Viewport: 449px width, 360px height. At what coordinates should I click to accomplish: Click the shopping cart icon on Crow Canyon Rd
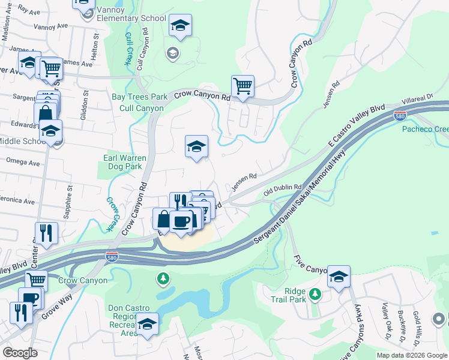coord(243,86)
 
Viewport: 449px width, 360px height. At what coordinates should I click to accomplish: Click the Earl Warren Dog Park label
coord(122,162)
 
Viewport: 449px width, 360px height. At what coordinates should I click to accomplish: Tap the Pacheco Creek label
coord(424,129)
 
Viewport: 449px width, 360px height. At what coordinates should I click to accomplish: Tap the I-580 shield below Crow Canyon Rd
coord(111,257)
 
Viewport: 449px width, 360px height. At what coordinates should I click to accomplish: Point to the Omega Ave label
coord(22,163)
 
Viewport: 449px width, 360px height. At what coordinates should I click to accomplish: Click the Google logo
coord(20,353)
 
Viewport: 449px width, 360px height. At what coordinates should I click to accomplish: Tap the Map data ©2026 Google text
coord(411,355)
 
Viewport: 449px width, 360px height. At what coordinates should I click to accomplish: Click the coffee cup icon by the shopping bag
coord(181,221)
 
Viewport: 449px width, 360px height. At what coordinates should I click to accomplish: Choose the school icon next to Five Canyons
coord(339,277)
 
